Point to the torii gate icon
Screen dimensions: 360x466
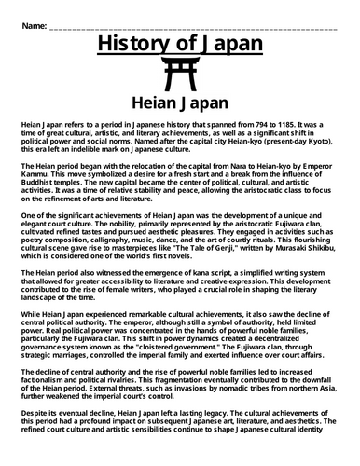tap(180, 75)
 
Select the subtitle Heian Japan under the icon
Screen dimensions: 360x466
tap(180, 103)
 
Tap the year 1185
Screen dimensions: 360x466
tap(289, 124)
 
